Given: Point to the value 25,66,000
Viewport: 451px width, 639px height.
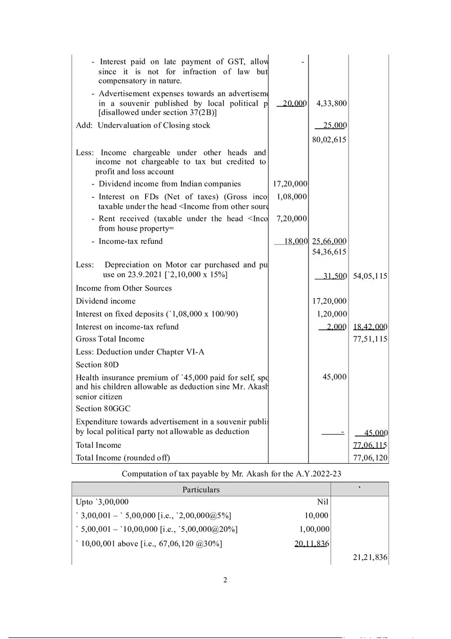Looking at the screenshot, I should [x=329, y=241].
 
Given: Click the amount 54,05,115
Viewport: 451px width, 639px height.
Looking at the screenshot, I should [x=370, y=276].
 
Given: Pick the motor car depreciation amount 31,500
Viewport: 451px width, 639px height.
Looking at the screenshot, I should [x=332, y=276].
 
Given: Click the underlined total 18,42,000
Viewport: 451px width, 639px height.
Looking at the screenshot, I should [x=370, y=326].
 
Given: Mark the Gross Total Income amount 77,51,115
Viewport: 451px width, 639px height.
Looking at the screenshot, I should [x=370, y=339].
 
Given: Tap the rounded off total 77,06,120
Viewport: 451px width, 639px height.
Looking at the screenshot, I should [x=370, y=457].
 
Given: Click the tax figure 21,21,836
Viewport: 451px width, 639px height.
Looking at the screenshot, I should [x=370, y=558].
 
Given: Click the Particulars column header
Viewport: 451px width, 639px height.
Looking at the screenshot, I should [x=201, y=489].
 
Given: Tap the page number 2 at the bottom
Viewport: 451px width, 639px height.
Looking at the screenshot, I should [x=225, y=580].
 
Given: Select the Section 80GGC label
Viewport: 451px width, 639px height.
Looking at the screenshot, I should [x=103, y=408].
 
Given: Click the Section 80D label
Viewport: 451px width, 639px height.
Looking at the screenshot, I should [x=97, y=364].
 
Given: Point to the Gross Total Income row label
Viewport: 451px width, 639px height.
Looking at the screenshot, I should [x=110, y=339].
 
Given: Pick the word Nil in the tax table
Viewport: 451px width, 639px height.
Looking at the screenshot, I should [x=322, y=502].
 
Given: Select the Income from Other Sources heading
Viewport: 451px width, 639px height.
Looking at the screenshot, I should [x=124, y=288].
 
